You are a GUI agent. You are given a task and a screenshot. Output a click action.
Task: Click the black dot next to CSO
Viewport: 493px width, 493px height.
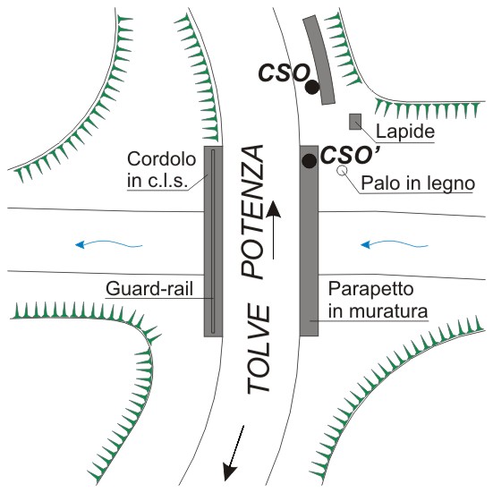pyautogui.click(x=312, y=87)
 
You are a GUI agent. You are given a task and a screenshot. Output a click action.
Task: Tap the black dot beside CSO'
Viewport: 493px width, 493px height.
pyautogui.click(x=310, y=161)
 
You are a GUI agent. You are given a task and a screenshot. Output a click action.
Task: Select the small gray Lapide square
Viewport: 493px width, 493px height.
pyautogui.click(x=355, y=122)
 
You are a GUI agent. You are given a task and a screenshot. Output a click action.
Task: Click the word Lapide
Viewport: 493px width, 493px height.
pyautogui.click(x=405, y=132)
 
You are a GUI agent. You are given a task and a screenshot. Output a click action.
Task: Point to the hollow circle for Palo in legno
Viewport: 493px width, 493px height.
pyautogui.click(x=342, y=170)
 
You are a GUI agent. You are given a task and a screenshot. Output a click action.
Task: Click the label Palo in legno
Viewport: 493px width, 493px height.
pyautogui.click(x=418, y=183)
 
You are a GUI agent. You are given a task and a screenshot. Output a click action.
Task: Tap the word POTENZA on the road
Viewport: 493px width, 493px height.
pyautogui.click(x=252, y=211)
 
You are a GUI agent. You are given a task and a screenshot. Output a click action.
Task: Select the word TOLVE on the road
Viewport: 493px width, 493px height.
pyautogui.click(x=259, y=349)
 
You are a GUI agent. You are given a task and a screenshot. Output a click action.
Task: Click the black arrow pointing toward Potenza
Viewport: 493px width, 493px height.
pyautogui.click(x=274, y=230)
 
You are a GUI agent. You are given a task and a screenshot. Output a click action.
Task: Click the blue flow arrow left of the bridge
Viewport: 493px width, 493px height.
pyautogui.click(x=109, y=244)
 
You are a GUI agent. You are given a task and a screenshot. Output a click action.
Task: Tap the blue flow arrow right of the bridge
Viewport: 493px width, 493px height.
pyautogui.click(x=395, y=244)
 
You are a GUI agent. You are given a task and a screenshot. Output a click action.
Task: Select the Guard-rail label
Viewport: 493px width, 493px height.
pyautogui.click(x=149, y=289)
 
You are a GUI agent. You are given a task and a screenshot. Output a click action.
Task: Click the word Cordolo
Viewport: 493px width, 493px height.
pyautogui.click(x=162, y=159)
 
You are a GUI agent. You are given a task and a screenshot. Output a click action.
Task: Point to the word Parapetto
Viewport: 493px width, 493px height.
pyautogui.click(x=370, y=289)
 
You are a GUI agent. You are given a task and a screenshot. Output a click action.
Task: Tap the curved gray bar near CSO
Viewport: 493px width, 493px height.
pyautogui.click(x=319, y=59)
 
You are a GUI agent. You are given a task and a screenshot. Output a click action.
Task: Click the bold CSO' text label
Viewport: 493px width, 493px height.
pyautogui.click(x=350, y=156)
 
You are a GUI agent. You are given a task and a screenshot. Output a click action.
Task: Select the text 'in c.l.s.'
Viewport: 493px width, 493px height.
pyautogui.click(x=157, y=182)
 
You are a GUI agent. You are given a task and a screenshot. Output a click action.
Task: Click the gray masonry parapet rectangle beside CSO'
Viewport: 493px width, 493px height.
pyautogui.click(x=309, y=241)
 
